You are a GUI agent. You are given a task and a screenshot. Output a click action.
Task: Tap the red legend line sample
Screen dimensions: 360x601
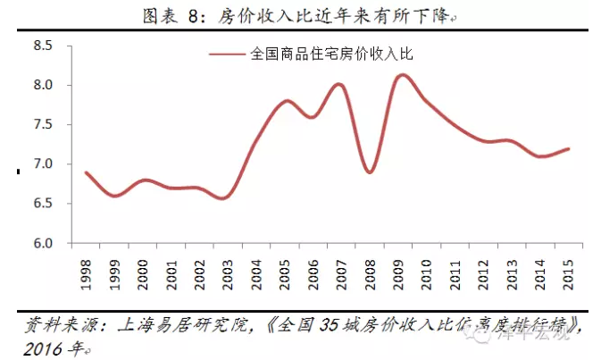227,54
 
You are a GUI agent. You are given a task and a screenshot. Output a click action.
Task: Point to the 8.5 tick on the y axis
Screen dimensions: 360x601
43,46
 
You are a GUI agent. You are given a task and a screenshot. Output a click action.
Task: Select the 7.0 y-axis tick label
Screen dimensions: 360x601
43,164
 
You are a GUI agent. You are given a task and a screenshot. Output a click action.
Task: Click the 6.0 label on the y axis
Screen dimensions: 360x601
43,243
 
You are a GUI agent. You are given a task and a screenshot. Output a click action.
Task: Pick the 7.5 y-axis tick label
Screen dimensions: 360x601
43,125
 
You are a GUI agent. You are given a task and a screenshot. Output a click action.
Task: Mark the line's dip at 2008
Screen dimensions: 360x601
370,172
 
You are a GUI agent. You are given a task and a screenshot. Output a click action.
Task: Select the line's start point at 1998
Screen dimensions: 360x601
86,172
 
